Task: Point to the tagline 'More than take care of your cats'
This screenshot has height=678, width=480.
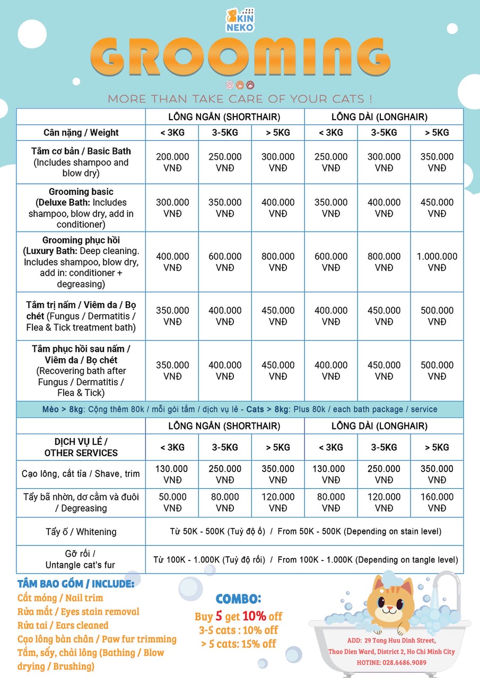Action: (x=240, y=99)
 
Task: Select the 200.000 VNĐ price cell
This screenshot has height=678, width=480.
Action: (x=172, y=162)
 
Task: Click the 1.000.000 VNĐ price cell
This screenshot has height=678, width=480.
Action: (x=437, y=262)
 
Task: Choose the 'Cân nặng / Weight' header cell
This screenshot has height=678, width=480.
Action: (x=81, y=132)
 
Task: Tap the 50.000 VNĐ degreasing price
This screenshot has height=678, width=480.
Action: (x=172, y=502)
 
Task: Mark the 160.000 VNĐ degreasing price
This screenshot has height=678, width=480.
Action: (x=437, y=502)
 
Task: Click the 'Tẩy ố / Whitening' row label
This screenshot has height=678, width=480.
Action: (x=81, y=531)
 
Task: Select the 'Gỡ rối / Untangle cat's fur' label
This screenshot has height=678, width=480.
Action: (x=81, y=559)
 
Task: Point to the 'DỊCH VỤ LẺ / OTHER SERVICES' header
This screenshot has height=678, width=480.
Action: (x=81, y=447)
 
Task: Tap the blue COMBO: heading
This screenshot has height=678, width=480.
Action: (x=238, y=599)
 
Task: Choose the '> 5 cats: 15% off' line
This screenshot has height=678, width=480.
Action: (x=239, y=644)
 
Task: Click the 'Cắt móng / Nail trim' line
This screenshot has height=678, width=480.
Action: (x=60, y=597)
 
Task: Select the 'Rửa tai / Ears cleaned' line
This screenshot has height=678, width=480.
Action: (x=63, y=625)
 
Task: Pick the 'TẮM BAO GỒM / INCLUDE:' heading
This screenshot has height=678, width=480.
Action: (x=76, y=584)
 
